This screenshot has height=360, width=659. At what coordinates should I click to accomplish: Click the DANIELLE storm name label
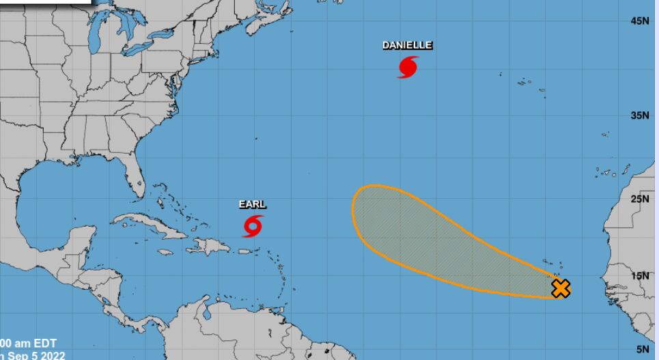(x=407, y=45)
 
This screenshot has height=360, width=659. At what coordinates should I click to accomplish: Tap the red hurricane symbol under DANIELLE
(x=408, y=68)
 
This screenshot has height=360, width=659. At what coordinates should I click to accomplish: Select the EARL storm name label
(x=252, y=204)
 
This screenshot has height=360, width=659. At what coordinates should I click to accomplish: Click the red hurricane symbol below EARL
(x=253, y=225)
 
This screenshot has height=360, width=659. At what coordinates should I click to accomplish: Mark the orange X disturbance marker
(x=561, y=288)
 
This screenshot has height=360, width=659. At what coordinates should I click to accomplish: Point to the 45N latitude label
(x=640, y=22)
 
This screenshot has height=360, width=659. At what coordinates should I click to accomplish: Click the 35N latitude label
(x=640, y=115)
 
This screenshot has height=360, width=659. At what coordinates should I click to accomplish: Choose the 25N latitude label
(x=640, y=199)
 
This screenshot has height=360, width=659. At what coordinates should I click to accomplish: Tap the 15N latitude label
(x=640, y=276)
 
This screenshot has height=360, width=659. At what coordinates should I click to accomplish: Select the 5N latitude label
(x=643, y=349)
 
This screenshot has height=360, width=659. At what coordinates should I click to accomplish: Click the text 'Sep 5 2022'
(x=38, y=355)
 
